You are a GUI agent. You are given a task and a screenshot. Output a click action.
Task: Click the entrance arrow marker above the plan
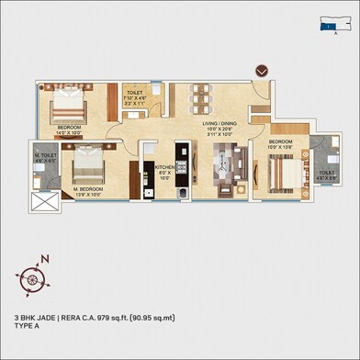click(x=262, y=70)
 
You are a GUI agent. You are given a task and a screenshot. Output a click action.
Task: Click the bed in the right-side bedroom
click(x=279, y=171)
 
